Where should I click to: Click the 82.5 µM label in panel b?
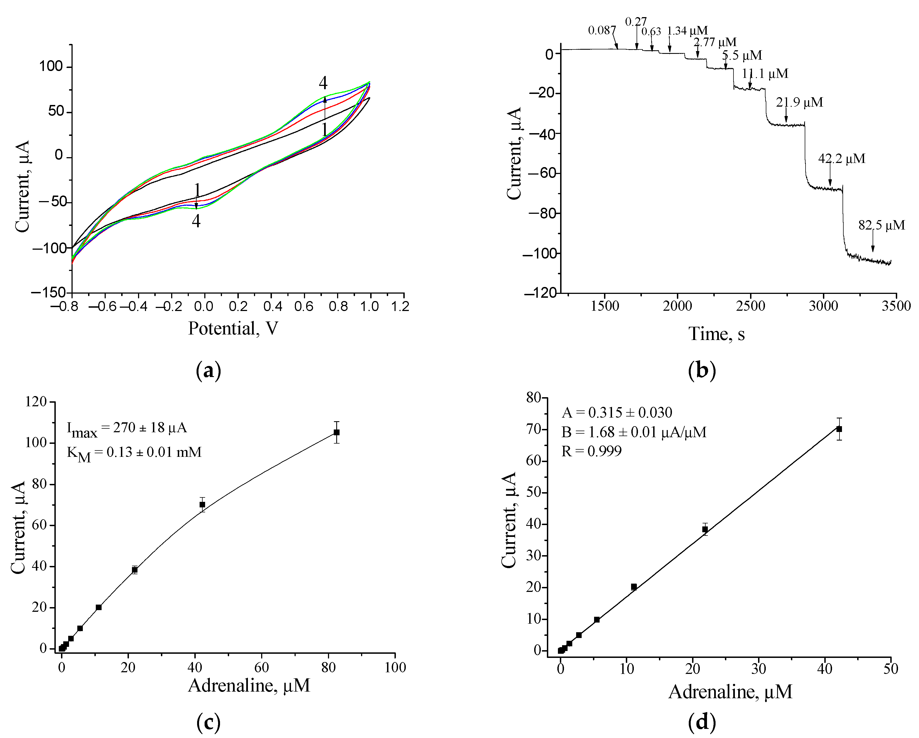[881, 225]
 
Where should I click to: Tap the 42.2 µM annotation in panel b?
[841, 159]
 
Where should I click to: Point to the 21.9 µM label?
[799, 102]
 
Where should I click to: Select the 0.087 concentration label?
[602, 30]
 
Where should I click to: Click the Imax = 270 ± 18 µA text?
[127, 428]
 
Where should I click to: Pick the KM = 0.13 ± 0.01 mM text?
[134, 453]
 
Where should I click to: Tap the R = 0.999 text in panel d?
[591, 451]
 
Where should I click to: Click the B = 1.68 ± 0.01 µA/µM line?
[633, 432]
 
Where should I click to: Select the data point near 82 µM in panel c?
[336, 432]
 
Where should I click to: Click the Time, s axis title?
[717, 334]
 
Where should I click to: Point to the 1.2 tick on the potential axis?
[400, 306]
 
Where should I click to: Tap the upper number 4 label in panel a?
[323, 83]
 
